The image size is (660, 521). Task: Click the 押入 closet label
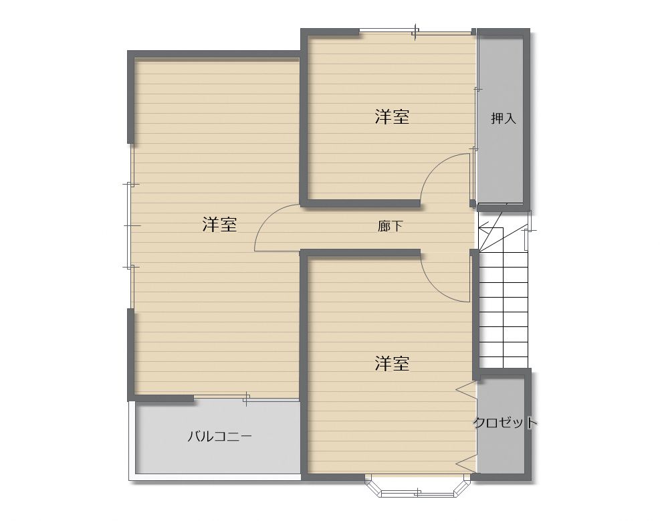(504, 118)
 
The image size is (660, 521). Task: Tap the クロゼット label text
(505, 423)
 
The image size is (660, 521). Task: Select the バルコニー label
(219, 437)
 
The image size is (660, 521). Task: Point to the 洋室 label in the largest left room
(219, 225)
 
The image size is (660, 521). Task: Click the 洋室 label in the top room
(391, 118)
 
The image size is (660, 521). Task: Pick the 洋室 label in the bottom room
(391, 364)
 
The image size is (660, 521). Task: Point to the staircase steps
(504, 308)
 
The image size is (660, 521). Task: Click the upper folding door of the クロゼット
(465, 389)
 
